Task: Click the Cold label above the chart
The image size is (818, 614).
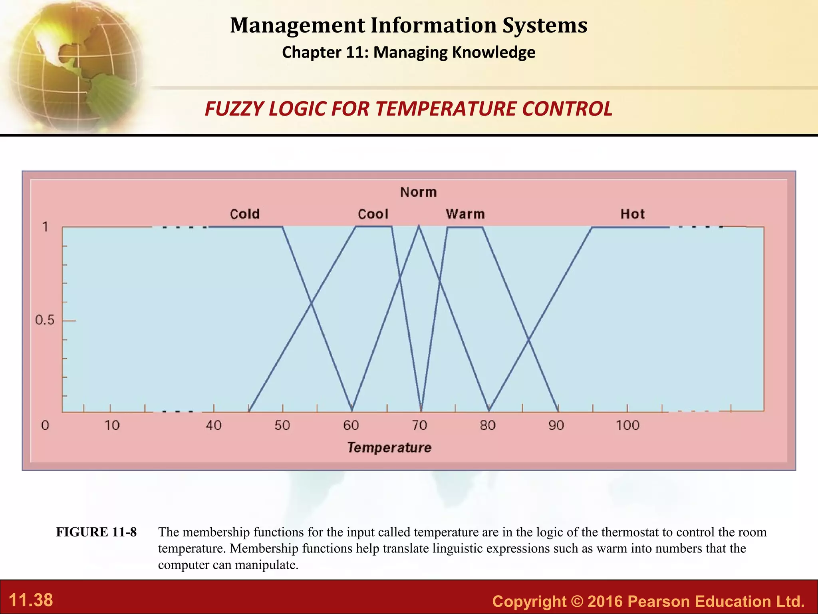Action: pyautogui.click(x=244, y=214)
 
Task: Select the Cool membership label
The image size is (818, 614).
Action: pyautogui.click(x=373, y=214)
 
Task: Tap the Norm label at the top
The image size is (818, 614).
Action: pyautogui.click(x=418, y=192)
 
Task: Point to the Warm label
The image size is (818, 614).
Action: pyautogui.click(x=465, y=214)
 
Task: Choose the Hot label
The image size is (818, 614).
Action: pyautogui.click(x=632, y=214)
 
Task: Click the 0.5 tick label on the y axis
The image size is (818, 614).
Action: pyautogui.click(x=44, y=320)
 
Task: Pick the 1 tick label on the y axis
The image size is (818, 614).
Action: pyautogui.click(x=46, y=227)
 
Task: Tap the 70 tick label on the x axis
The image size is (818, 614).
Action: pyautogui.click(x=419, y=425)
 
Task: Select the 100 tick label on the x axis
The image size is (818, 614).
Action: pyautogui.click(x=627, y=425)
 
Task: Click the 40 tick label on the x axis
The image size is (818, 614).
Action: pyautogui.click(x=214, y=425)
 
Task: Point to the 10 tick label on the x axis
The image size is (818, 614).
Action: pyautogui.click(x=112, y=425)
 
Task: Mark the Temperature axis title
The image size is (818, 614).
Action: pyautogui.click(x=389, y=447)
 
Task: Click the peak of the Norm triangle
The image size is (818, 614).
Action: pyautogui.click(x=419, y=227)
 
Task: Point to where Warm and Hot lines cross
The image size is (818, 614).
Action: pyautogui.click(x=528, y=340)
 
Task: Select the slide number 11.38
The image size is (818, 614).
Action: pyautogui.click(x=31, y=600)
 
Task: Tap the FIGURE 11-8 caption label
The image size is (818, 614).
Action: pyautogui.click(x=96, y=532)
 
